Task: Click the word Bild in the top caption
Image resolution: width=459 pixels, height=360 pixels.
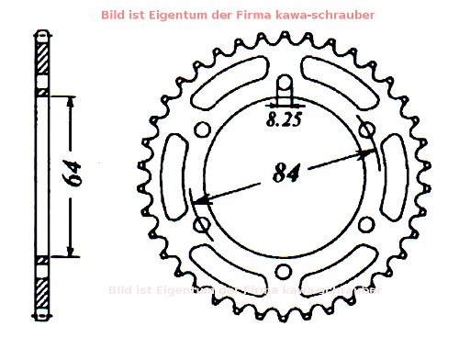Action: (x=140, y=15)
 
